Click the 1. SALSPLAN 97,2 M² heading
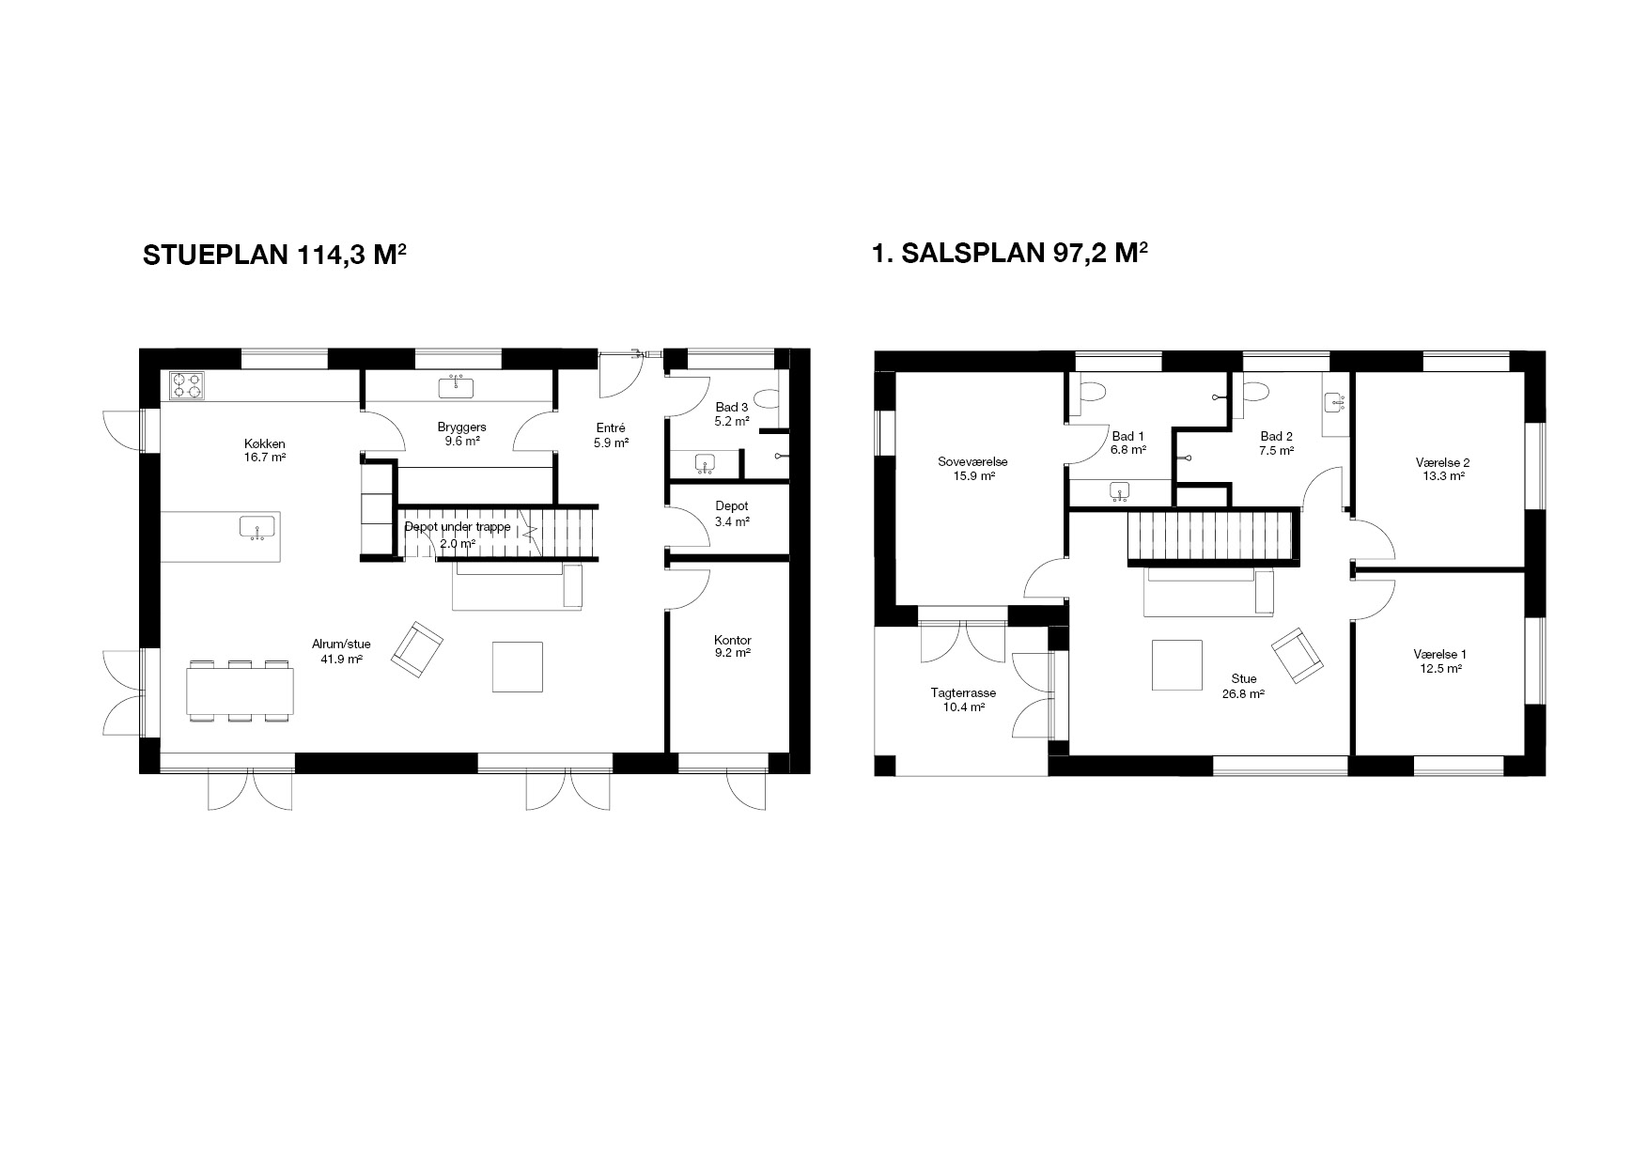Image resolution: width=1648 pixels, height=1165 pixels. point(1011,254)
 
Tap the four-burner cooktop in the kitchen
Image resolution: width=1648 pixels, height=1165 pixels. point(188,385)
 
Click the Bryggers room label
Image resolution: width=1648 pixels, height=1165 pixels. point(461,427)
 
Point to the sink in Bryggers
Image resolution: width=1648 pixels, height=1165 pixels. point(459,385)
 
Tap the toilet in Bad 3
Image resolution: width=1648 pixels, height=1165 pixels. point(768,401)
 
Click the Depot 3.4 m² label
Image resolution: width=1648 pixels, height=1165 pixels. point(732,513)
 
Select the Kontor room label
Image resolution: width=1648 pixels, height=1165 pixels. point(732,640)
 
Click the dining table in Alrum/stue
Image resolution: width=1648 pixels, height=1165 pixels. point(241,691)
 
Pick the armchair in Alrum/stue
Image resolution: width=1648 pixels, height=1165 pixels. point(416,648)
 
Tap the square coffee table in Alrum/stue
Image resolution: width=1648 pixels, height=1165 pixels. point(518,666)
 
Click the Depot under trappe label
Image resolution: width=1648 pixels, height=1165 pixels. point(458,527)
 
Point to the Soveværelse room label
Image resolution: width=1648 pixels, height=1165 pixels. point(972,461)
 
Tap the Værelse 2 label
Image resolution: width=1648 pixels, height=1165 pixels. point(1442,462)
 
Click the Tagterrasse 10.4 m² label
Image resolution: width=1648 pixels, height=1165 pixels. point(963,700)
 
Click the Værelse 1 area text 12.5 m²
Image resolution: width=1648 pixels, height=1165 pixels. point(1440,669)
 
